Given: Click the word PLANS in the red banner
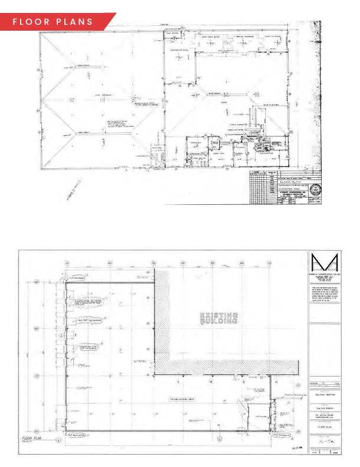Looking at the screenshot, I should click(74, 22).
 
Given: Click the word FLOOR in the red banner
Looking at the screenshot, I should click(34, 22).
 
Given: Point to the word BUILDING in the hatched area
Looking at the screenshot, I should click(218, 322).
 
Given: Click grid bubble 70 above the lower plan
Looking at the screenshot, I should click(269, 262).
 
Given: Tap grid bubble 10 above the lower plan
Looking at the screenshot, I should click(67, 262).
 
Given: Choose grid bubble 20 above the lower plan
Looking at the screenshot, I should click(110, 262).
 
